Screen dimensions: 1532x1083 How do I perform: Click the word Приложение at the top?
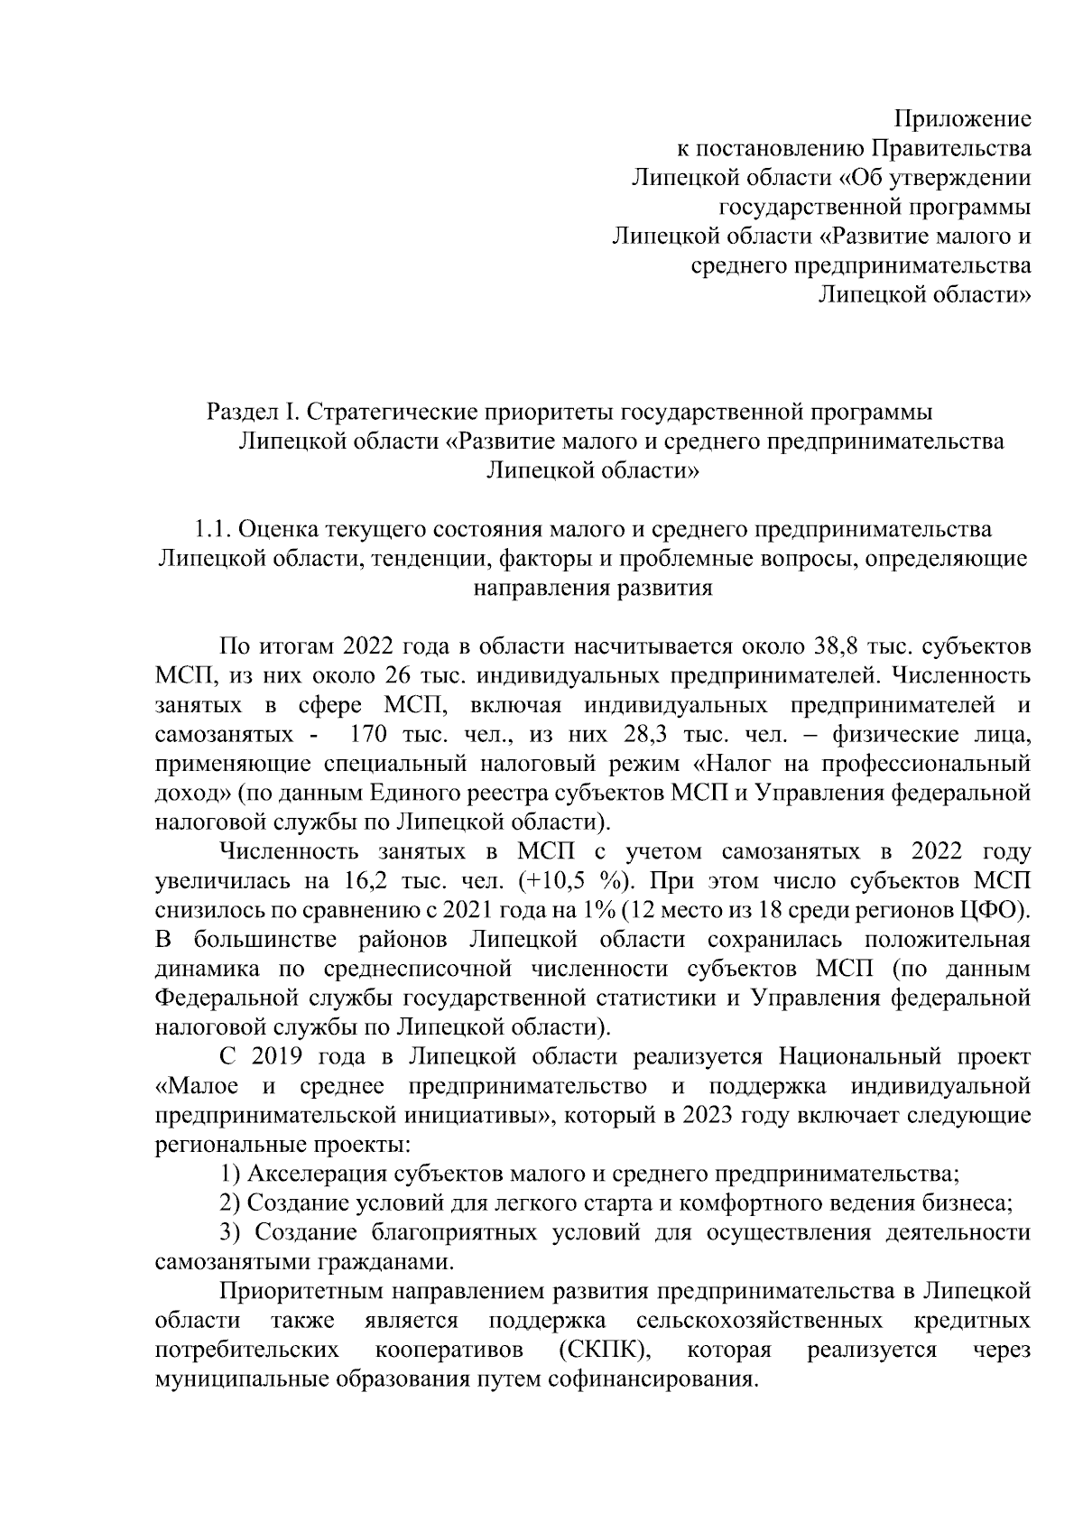coord(962,118)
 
